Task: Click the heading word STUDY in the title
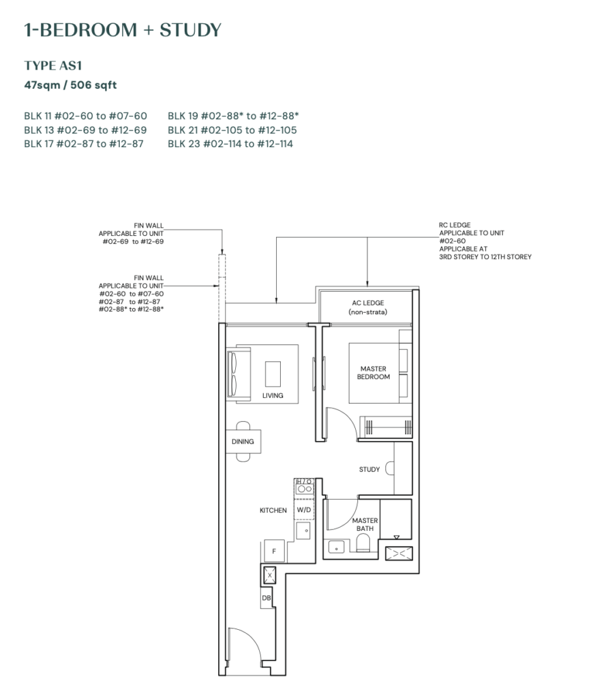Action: tap(190, 30)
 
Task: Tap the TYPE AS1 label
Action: tap(53, 65)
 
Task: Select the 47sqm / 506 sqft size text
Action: tap(70, 85)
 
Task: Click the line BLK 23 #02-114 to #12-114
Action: tap(230, 144)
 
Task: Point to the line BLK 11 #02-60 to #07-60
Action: tap(85, 116)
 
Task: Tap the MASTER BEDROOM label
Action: tap(374, 373)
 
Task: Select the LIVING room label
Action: tap(273, 395)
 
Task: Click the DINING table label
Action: tap(243, 442)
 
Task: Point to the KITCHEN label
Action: tap(273, 510)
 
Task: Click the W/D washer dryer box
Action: tap(304, 509)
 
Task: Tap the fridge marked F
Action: tap(274, 551)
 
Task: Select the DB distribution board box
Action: tap(266, 598)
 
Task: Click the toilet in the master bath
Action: tap(363, 543)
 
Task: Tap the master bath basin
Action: tap(336, 546)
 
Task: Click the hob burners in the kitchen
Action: tap(305, 489)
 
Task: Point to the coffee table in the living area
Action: tap(273, 374)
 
